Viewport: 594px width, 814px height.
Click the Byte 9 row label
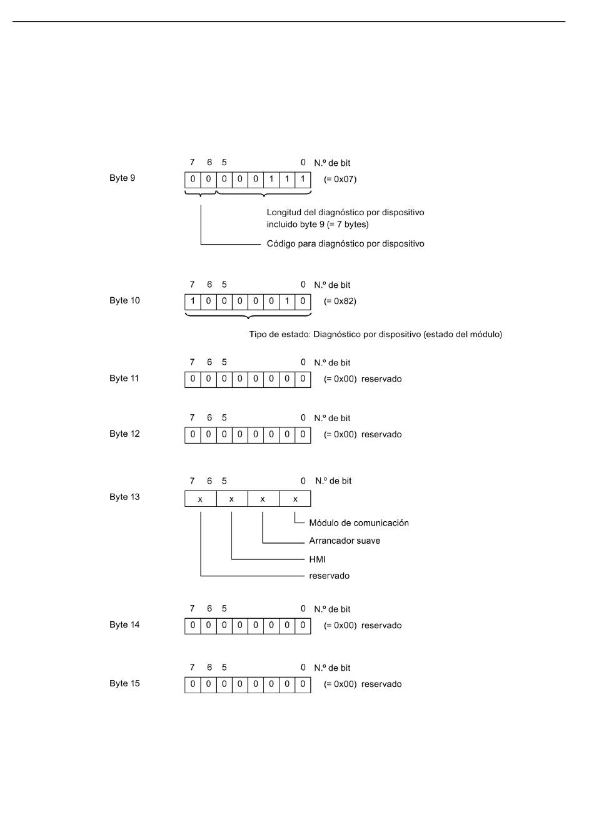[122, 178]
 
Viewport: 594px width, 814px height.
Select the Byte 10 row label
[124, 301]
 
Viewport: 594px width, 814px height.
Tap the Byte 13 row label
[124, 497]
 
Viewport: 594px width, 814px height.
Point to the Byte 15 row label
[124, 684]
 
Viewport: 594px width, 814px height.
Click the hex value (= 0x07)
[340, 180]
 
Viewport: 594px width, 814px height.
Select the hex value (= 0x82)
[340, 302]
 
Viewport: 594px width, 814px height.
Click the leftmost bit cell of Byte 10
[193, 302]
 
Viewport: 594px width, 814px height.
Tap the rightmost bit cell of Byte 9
[303, 180]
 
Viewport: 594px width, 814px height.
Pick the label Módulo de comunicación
[359, 523]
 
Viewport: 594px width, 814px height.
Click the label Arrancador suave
[345, 541]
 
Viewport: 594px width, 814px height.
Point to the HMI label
[317, 559]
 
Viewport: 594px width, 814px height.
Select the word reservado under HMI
[329, 576]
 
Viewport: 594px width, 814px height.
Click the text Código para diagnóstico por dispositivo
[345, 243]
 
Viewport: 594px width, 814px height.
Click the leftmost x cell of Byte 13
[200, 499]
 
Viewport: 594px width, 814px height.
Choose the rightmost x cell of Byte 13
[295, 499]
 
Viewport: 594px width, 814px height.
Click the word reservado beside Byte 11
[381, 379]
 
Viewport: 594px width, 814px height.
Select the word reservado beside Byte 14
[381, 626]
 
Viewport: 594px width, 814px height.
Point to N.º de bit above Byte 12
[332, 418]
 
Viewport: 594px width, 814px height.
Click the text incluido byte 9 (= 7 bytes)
[318, 225]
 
